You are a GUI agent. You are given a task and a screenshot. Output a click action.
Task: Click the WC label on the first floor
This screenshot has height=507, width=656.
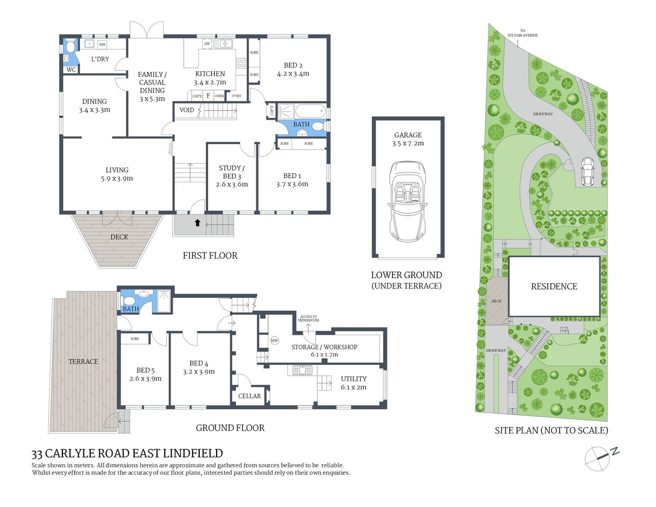pyautogui.click(x=71, y=70)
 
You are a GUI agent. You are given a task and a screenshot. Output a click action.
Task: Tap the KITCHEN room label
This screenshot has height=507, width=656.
pyautogui.click(x=210, y=74)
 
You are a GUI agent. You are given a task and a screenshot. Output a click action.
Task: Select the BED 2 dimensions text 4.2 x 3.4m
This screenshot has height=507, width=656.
pyautogui.click(x=293, y=74)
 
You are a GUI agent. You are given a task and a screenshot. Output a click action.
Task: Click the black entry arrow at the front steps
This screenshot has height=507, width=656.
pyautogui.click(x=198, y=223)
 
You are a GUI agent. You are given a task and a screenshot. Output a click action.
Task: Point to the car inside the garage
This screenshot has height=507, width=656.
pyautogui.click(x=407, y=201)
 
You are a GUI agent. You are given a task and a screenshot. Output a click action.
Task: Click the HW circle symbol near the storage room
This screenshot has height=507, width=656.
pyautogui.click(x=275, y=341)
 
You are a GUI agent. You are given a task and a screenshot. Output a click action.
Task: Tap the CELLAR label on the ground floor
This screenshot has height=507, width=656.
pyautogui.click(x=249, y=396)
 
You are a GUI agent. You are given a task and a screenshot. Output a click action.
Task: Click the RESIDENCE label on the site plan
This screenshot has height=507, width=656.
pyautogui.click(x=554, y=286)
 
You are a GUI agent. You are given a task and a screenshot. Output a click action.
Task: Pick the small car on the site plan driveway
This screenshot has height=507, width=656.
pyautogui.click(x=587, y=172)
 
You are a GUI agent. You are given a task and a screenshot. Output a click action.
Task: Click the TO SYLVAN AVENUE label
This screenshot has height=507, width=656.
pyautogui.click(x=522, y=33)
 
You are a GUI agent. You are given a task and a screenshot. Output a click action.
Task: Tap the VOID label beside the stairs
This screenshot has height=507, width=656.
pyautogui.click(x=187, y=110)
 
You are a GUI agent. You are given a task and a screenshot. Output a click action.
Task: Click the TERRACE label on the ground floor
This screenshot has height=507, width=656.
pyautogui.click(x=83, y=362)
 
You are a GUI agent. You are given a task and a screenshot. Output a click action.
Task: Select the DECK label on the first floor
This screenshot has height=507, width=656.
pyautogui.click(x=119, y=237)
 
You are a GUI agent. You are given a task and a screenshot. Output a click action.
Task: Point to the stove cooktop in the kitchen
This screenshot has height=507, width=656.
pyautogui.click(x=241, y=63)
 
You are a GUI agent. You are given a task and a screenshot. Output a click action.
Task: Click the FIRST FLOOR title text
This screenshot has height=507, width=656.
pyautogui.click(x=210, y=256)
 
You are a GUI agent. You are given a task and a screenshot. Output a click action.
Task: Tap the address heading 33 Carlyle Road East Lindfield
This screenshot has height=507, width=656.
pyautogui.click(x=127, y=454)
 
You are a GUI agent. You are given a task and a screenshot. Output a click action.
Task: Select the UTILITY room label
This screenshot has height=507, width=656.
pyautogui.click(x=353, y=379)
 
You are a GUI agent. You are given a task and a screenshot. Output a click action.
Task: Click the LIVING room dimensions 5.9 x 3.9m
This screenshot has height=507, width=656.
pyautogui.click(x=117, y=179)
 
